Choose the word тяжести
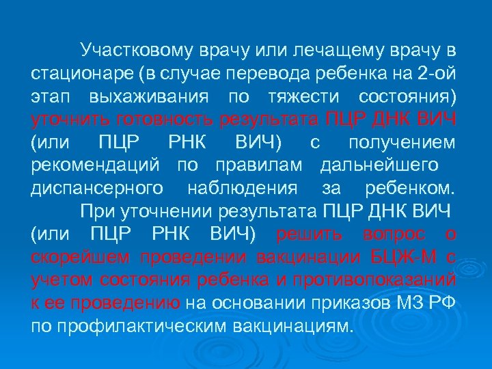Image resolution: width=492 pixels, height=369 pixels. [305, 97]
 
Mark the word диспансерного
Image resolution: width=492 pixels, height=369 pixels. [96, 189]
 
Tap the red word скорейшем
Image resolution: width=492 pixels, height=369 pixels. [81, 259]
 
